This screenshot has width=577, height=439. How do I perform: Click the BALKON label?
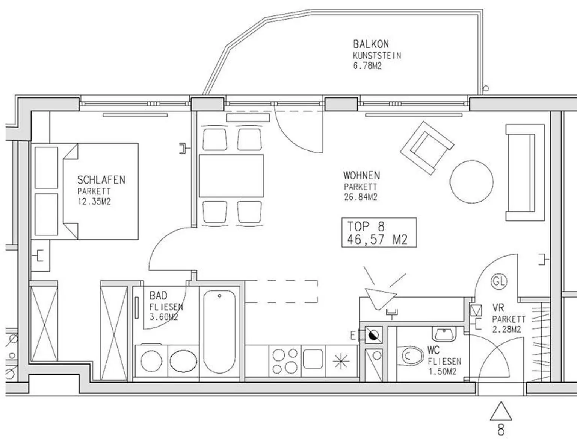[371, 44]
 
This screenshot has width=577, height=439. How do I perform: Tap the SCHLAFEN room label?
[101, 180]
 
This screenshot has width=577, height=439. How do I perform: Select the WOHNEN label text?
[361, 175]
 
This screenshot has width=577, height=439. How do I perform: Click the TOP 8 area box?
[379, 232]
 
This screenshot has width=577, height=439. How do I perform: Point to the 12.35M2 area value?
[94, 202]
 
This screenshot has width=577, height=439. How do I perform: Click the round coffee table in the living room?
[471, 182]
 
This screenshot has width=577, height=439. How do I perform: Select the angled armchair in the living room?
[427, 148]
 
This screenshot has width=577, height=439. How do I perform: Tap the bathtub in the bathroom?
[219, 332]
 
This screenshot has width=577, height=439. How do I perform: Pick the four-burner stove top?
[285, 361]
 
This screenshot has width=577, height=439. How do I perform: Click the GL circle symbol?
[499, 281]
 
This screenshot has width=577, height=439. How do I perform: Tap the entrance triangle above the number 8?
[501, 411]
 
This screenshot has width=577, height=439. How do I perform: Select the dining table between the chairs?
[231, 176]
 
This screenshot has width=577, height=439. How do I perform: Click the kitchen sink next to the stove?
[313, 358]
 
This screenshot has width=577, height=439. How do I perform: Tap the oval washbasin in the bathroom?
[183, 361]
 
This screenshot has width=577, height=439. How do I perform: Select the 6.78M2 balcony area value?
[367, 65]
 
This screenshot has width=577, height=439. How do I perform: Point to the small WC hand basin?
[444, 334]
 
